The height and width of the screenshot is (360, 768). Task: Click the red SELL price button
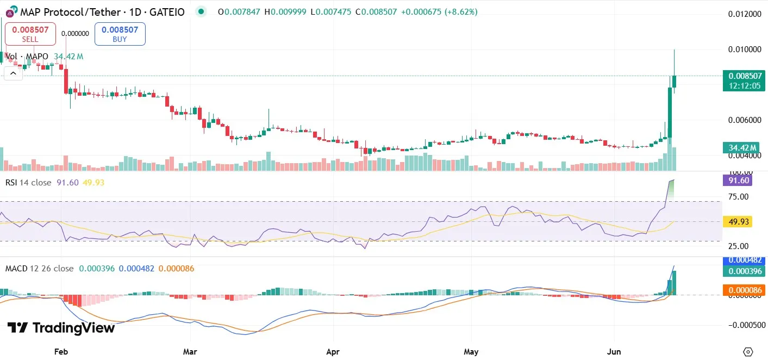[30, 34]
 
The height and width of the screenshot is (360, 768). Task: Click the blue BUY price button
[120, 34]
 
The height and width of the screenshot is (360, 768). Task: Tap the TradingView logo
[61, 328]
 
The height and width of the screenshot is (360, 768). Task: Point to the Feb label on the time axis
[61, 352]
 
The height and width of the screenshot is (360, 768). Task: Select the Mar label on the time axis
[190, 352]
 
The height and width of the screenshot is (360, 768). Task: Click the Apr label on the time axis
[332, 352]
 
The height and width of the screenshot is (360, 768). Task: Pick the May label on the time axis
[471, 352]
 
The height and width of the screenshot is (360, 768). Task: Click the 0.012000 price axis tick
[744, 14]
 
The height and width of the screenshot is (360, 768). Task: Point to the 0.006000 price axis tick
[744, 120]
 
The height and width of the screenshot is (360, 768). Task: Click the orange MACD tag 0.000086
[744, 290]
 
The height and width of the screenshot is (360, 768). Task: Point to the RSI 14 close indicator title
[28, 183]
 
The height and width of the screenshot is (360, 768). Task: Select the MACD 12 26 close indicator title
[39, 269]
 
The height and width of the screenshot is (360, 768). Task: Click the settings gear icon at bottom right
[748, 351]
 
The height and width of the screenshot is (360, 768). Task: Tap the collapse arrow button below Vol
[13, 72]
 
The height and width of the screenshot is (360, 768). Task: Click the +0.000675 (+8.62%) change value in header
[439, 11]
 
